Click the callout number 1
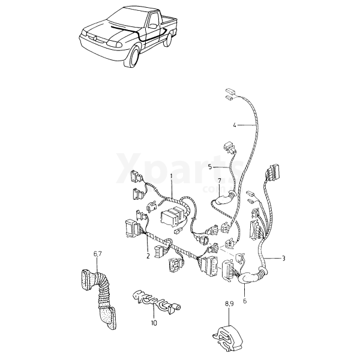[171, 176]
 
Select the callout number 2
[148, 256]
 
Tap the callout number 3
[284, 258]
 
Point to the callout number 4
[235, 125]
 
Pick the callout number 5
[211, 167]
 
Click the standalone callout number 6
[245, 301]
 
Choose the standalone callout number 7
[220, 181]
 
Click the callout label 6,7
[97, 254]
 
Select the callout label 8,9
[229, 304]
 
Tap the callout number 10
[154, 323]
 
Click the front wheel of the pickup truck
[133, 57]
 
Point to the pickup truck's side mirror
[154, 25]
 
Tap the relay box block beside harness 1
[174, 215]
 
